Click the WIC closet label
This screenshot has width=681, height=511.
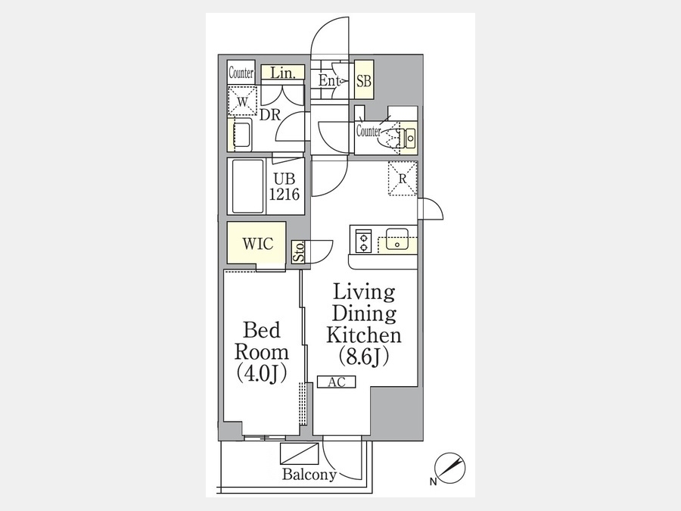[x=257, y=243]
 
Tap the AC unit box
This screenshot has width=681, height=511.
[x=336, y=382]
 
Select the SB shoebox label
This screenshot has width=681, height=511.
[x=364, y=81]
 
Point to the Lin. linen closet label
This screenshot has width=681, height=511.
[x=283, y=73]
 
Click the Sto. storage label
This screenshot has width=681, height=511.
[x=298, y=251]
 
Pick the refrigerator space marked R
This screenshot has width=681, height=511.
[x=403, y=179]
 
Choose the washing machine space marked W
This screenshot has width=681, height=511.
[x=242, y=101]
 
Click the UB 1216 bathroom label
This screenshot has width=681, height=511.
[x=284, y=187]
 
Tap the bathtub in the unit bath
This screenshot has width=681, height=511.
[x=247, y=186]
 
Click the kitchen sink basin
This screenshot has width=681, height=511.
[x=396, y=239]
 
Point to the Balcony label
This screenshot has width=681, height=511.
[x=309, y=474]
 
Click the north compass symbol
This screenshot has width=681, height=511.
[x=450, y=468]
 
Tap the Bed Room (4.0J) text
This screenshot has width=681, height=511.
[x=262, y=351]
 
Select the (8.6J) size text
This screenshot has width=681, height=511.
[x=364, y=357]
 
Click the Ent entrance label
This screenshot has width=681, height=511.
[x=329, y=80]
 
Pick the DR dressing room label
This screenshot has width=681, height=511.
[x=270, y=115]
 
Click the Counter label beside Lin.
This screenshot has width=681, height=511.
[x=241, y=73]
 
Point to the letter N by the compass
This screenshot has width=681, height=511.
[x=433, y=481]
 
